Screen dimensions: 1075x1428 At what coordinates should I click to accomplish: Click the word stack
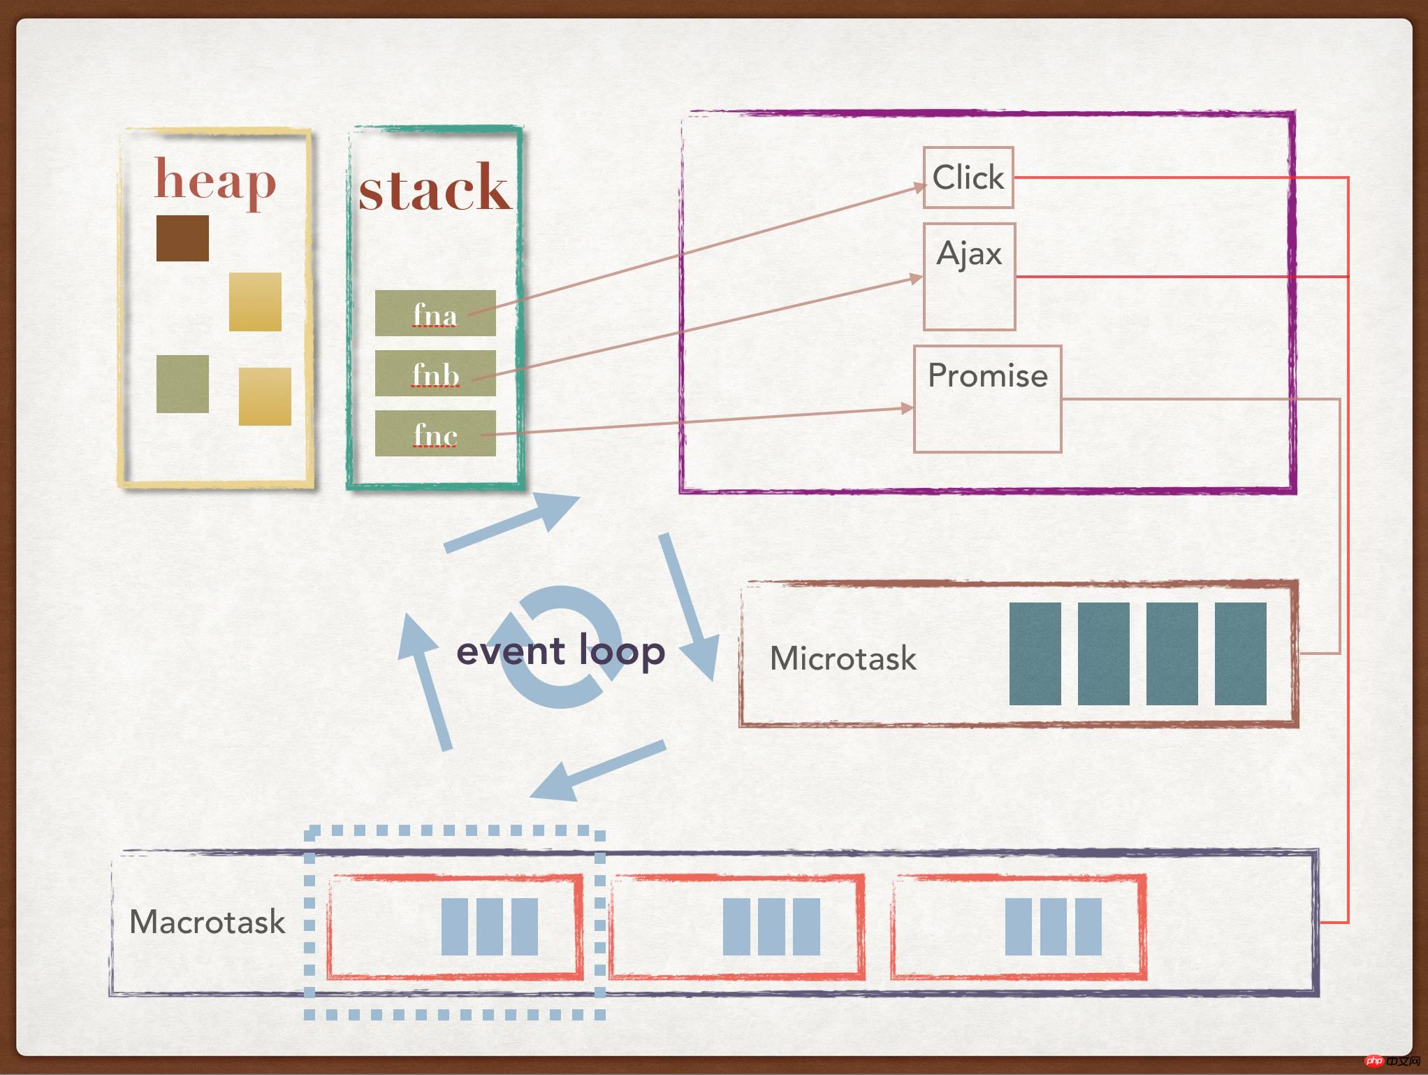pos(435,188)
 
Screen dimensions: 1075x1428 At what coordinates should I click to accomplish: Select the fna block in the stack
pos(435,313)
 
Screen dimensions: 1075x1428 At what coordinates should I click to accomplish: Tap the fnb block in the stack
pos(435,373)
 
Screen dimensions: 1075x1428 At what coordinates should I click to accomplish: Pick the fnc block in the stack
pos(435,434)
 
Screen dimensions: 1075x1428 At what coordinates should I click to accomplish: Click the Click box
pos(968,178)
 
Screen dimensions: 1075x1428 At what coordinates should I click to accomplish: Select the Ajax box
pos(969,276)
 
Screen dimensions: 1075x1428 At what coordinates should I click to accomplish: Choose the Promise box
pos(987,398)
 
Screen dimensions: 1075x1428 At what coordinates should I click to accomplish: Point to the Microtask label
pos(843,658)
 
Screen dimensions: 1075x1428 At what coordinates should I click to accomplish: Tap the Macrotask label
pos(207,922)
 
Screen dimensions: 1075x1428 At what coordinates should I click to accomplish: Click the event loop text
pos(560,651)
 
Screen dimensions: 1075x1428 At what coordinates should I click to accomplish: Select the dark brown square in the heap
pos(182,238)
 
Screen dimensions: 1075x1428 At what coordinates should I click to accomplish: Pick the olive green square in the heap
pos(182,384)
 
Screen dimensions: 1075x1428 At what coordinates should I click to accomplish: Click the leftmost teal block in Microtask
pos(1035,654)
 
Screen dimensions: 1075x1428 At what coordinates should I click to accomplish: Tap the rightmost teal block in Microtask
pos(1240,654)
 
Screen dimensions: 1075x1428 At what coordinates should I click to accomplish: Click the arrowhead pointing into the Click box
pos(917,187)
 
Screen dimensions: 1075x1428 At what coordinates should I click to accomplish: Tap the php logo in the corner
pos(1374,1061)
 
